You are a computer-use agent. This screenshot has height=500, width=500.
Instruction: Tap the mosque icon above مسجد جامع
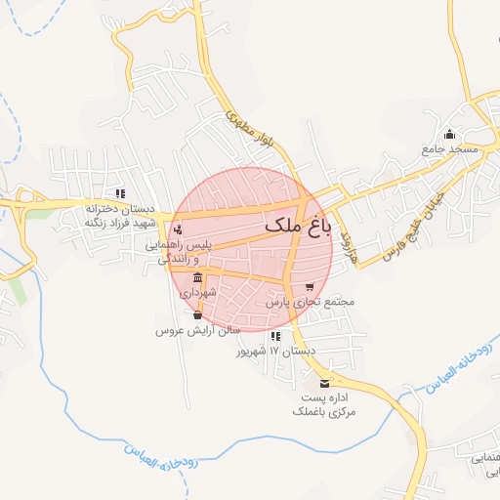450,135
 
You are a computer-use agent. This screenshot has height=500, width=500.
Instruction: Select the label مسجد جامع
449,149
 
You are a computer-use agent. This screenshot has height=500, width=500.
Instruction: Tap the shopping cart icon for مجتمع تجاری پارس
310,287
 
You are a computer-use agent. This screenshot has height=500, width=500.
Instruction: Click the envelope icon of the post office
324,383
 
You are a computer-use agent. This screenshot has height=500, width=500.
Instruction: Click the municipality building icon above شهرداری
199,277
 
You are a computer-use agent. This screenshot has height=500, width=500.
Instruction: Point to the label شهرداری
198,292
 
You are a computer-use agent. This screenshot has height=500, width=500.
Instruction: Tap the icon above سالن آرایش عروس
198,315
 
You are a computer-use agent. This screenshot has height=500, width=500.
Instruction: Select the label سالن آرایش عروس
197,331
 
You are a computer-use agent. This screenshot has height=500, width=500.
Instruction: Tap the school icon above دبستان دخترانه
121,192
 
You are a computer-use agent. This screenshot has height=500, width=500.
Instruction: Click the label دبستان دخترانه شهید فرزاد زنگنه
121,215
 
